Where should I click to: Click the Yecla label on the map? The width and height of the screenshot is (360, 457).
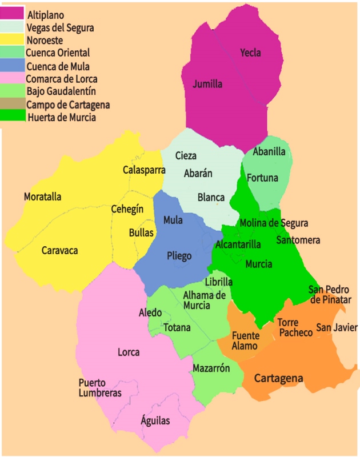tap(250, 53)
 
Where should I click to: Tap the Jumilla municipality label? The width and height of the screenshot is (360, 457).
tap(207, 84)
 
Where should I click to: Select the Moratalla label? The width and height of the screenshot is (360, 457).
tap(42, 197)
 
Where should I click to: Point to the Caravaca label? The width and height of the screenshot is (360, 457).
tap(59, 250)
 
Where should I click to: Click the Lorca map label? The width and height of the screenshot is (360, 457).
tap(129, 352)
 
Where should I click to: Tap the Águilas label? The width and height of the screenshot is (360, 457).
tap(155, 421)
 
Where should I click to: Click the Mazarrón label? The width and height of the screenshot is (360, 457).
tap(211, 368)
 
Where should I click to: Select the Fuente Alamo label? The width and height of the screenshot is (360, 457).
tap(245, 340)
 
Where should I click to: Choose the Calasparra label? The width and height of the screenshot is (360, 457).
tap(144, 170)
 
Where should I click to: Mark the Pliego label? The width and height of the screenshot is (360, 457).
tap(179, 256)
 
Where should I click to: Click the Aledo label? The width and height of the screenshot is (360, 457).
tap(150, 312)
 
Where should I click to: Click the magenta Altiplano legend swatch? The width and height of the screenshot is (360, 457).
tap(13, 14)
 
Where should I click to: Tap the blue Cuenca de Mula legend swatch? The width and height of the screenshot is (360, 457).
tap(13, 66)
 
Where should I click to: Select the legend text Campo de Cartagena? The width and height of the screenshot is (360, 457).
tap(68, 105)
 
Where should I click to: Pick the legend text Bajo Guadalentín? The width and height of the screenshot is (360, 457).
tap(61, 91)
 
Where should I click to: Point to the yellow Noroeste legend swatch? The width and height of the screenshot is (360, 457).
tap(13, 40)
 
